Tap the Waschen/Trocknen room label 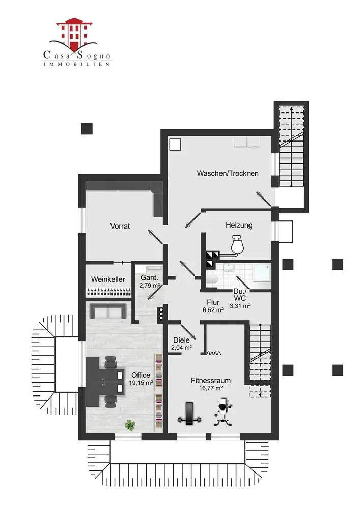228,173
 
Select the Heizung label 239,225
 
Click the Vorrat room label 120,226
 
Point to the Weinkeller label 108,279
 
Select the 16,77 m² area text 211,388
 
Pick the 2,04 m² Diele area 181,348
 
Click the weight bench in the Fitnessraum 189,413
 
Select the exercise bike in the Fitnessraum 222,411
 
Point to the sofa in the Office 107,310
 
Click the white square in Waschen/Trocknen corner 175,145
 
